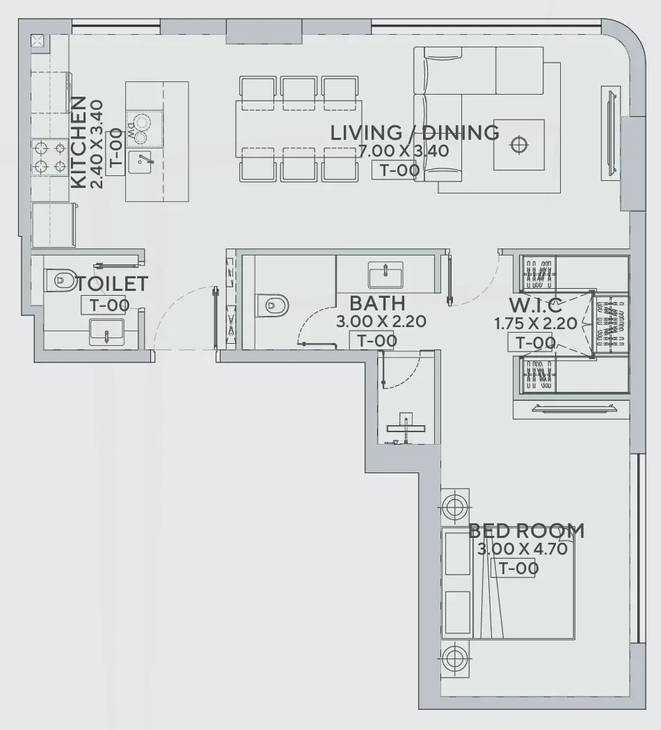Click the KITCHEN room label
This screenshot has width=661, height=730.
(x=79, y=143)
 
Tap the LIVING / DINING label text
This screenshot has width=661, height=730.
(x=414, y=133)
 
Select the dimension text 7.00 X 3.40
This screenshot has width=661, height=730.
(x=404, y=151)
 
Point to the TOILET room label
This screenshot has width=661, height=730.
(x=112, y=284)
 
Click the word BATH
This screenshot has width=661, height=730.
(x=377, y=304)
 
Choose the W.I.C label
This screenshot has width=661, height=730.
(x=535, y=306)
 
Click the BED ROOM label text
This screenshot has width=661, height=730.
(x=526, y=532)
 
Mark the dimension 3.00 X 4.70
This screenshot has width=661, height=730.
(x=523, y=548)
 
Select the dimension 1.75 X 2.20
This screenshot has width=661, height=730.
(x=534, y=324)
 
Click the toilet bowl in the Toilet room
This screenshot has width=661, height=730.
(x=61, y=280)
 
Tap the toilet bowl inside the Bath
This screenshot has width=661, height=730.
(x=272, y=304)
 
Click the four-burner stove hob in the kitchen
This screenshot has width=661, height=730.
(x=50, y=157)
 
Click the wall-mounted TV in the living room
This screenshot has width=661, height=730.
(x=610, y=132)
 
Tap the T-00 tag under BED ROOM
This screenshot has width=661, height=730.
(x=515, y=568)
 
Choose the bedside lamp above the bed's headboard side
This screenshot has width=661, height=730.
(x=454, y=506)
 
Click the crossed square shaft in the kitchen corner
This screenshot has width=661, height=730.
(x=38, y=40)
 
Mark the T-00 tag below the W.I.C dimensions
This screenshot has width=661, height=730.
(x=534, y=342)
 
